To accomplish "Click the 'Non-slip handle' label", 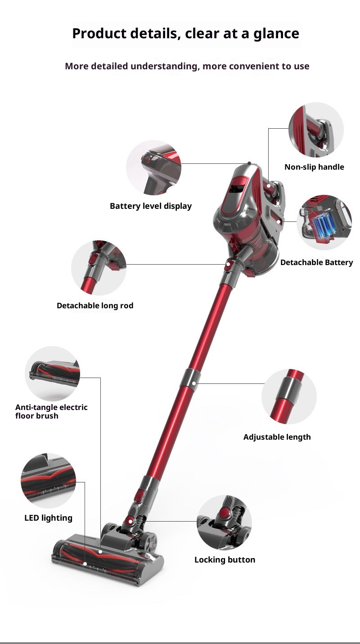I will [x=314, y=167].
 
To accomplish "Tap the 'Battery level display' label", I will [x=151, y=206].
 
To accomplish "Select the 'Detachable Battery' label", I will [x=317, y=262].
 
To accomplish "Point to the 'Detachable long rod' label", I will [x=95, y=306].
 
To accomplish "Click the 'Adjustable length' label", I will [x=277, y=437].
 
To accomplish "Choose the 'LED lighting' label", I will [x=48, y=518].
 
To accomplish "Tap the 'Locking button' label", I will [x=225, y=560].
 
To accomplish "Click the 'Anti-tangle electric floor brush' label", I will [x=51, y=411].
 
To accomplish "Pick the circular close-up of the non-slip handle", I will [x=316, y=130].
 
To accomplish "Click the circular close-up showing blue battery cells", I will [x=324, y=222].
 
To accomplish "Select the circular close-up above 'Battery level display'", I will [x=153, y=167].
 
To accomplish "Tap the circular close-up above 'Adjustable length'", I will [x=289, y=396].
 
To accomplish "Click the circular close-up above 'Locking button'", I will [x=224, y=522].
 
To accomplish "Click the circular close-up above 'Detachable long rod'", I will [x=99, y=268].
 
